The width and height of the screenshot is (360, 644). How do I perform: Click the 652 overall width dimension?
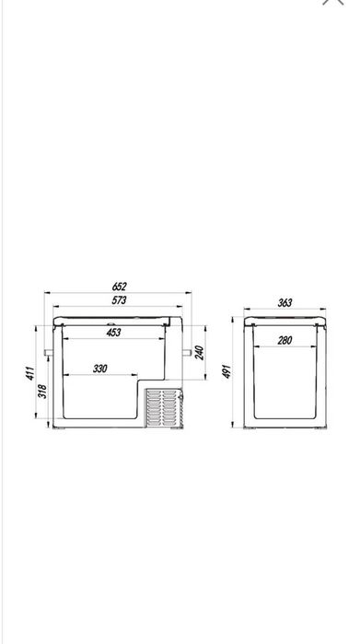pyautogui.click(x=119, y=287)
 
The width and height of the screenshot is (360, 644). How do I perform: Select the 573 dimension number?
pyautogui.click(x=119, y=300)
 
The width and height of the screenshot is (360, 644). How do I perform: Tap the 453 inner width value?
pyautogui.click(x=113, y=333)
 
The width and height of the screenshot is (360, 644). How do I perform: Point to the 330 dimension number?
pyautogui.click(x=99, y=369)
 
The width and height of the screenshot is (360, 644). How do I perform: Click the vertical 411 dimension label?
pyautogui.click(x=30, y=373)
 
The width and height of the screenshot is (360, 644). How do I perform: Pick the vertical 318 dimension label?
pyautogui.click(x=42, y=391)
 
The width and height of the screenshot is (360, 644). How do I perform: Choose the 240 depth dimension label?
pyautogui.click(x=199, y=353)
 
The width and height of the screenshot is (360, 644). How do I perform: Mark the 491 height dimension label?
pyautogui.click(x=226, y=371)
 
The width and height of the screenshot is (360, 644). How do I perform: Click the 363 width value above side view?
pyautogui.click(x=285, y=303)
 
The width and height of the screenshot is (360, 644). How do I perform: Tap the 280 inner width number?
pyautogui.click(x=285, y=340)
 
